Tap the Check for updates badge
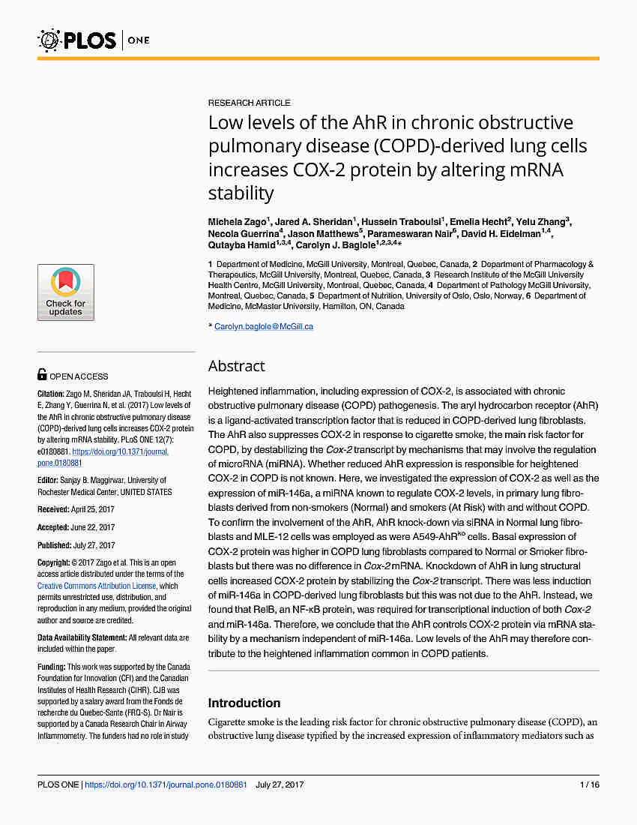click(66, 292)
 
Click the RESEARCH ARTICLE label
click(249, 103)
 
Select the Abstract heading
click(236, 366)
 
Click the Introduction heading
click(244, 703)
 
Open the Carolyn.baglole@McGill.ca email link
click(263, 326)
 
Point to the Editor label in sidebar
click(49, 480)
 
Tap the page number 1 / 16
click(589, 784)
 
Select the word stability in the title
click(241, 193)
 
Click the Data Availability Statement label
click(82, 637)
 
